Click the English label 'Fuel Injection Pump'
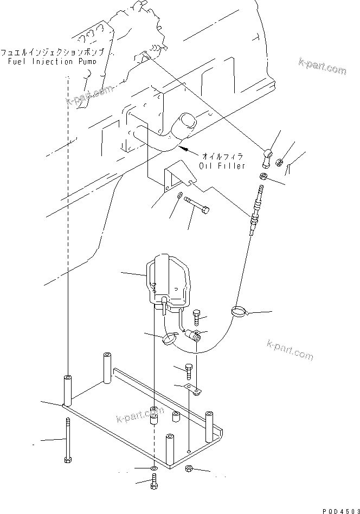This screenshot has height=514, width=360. pos(53,61)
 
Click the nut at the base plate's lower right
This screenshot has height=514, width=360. pos(189,468)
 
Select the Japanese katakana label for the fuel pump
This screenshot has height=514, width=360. pos(53,53)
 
